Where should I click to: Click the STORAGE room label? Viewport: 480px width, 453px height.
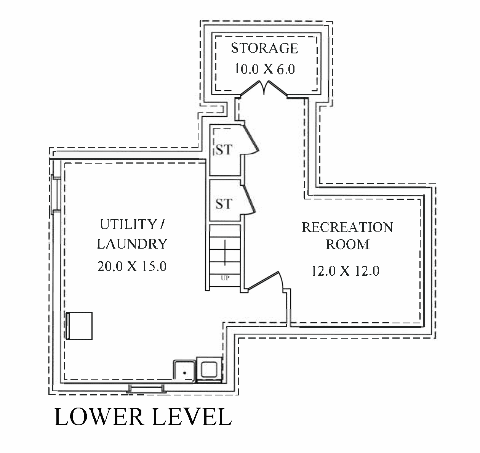tap(264, 48)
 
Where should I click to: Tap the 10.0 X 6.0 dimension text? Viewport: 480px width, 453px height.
tap(264, 69)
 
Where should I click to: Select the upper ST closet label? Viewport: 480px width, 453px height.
tap(224, 150)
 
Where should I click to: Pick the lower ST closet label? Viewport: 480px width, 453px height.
tap(224, 204)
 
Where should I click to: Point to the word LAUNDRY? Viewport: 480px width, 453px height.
tap(132, 244)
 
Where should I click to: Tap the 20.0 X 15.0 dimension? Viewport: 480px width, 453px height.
tap(132, 266)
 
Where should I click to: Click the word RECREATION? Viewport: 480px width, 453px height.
tap(347, 227)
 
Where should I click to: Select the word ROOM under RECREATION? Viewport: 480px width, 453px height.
tap(347, 244)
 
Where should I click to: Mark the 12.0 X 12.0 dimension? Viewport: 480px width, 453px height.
tap(345, 271)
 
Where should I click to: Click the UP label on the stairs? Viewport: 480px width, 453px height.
tap(225, 278)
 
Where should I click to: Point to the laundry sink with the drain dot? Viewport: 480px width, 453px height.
tap(184, 370)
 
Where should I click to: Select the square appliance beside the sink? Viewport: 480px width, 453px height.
tap(209, 369)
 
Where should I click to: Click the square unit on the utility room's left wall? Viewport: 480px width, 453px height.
tap(79, 326)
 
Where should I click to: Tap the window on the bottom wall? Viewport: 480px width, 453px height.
tap(147, 389)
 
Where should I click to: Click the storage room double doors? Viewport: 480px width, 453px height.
tap(265, 88)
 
